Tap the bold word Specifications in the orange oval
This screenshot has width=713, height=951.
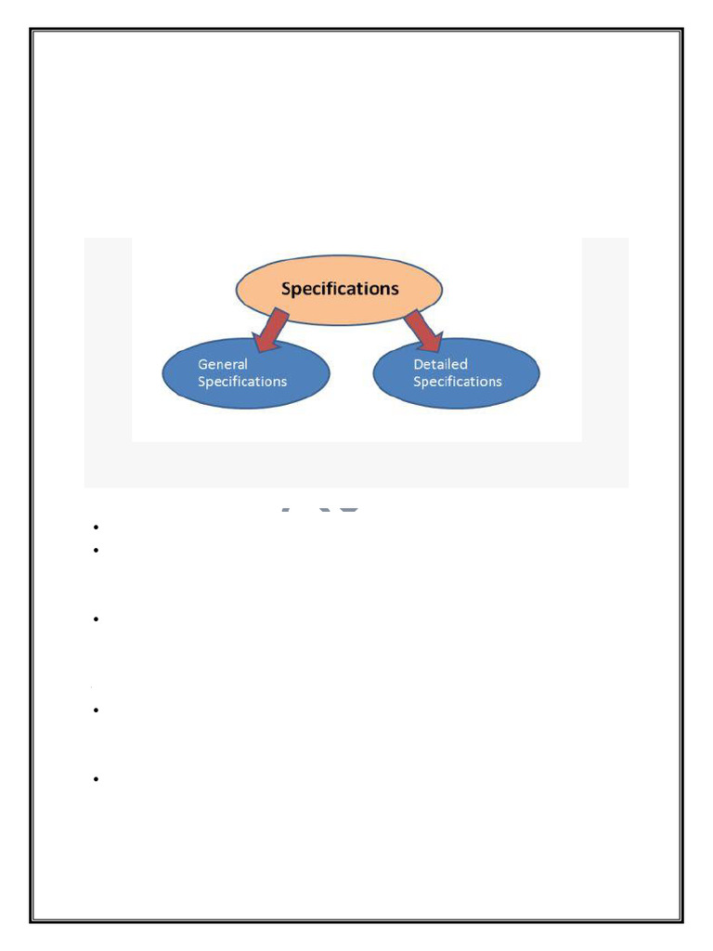point(340,289)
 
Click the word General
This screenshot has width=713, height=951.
point(223,365)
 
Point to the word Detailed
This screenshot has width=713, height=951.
point(440,365)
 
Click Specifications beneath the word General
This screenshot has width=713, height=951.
point(242,382)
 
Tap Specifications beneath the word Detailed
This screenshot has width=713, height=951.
point(458,382)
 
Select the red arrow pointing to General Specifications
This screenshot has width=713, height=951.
point(273,332)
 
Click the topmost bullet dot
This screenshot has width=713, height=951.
point(97,528)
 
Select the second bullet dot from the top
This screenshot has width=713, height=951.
point(97,549)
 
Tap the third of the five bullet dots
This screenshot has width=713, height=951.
point(97,619)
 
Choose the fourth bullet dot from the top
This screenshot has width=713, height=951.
point(97,710)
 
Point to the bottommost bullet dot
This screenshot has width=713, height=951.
point(97,780)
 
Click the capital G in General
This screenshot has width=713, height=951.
point(203,365)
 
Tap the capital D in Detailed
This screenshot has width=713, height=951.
point(419,365)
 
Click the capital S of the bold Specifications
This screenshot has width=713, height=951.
point(287,289)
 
